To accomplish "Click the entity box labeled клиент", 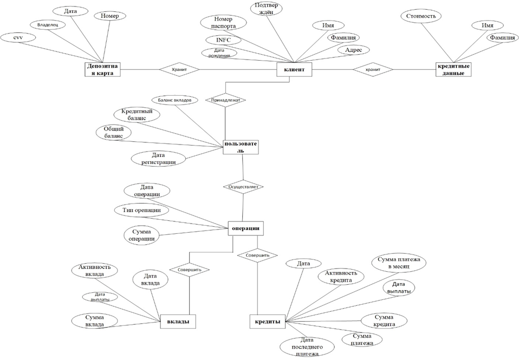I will [294, 69].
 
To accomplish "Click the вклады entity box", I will [178, 322].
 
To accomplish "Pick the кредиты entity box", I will [268, 322].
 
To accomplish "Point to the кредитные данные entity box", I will [453, 69].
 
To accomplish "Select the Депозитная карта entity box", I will [102, 69].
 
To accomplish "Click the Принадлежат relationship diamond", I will [225, 100].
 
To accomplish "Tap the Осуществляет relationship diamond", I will [243, 187].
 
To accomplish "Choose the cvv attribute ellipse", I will [18, 37].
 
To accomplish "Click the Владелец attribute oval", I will [48, 24].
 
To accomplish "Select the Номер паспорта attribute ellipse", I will [223, 23].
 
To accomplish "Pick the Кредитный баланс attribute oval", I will [137, 114].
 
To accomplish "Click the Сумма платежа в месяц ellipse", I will [399, 264].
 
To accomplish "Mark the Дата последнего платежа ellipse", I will [304, 346].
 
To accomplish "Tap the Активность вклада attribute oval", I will [95, 270].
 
